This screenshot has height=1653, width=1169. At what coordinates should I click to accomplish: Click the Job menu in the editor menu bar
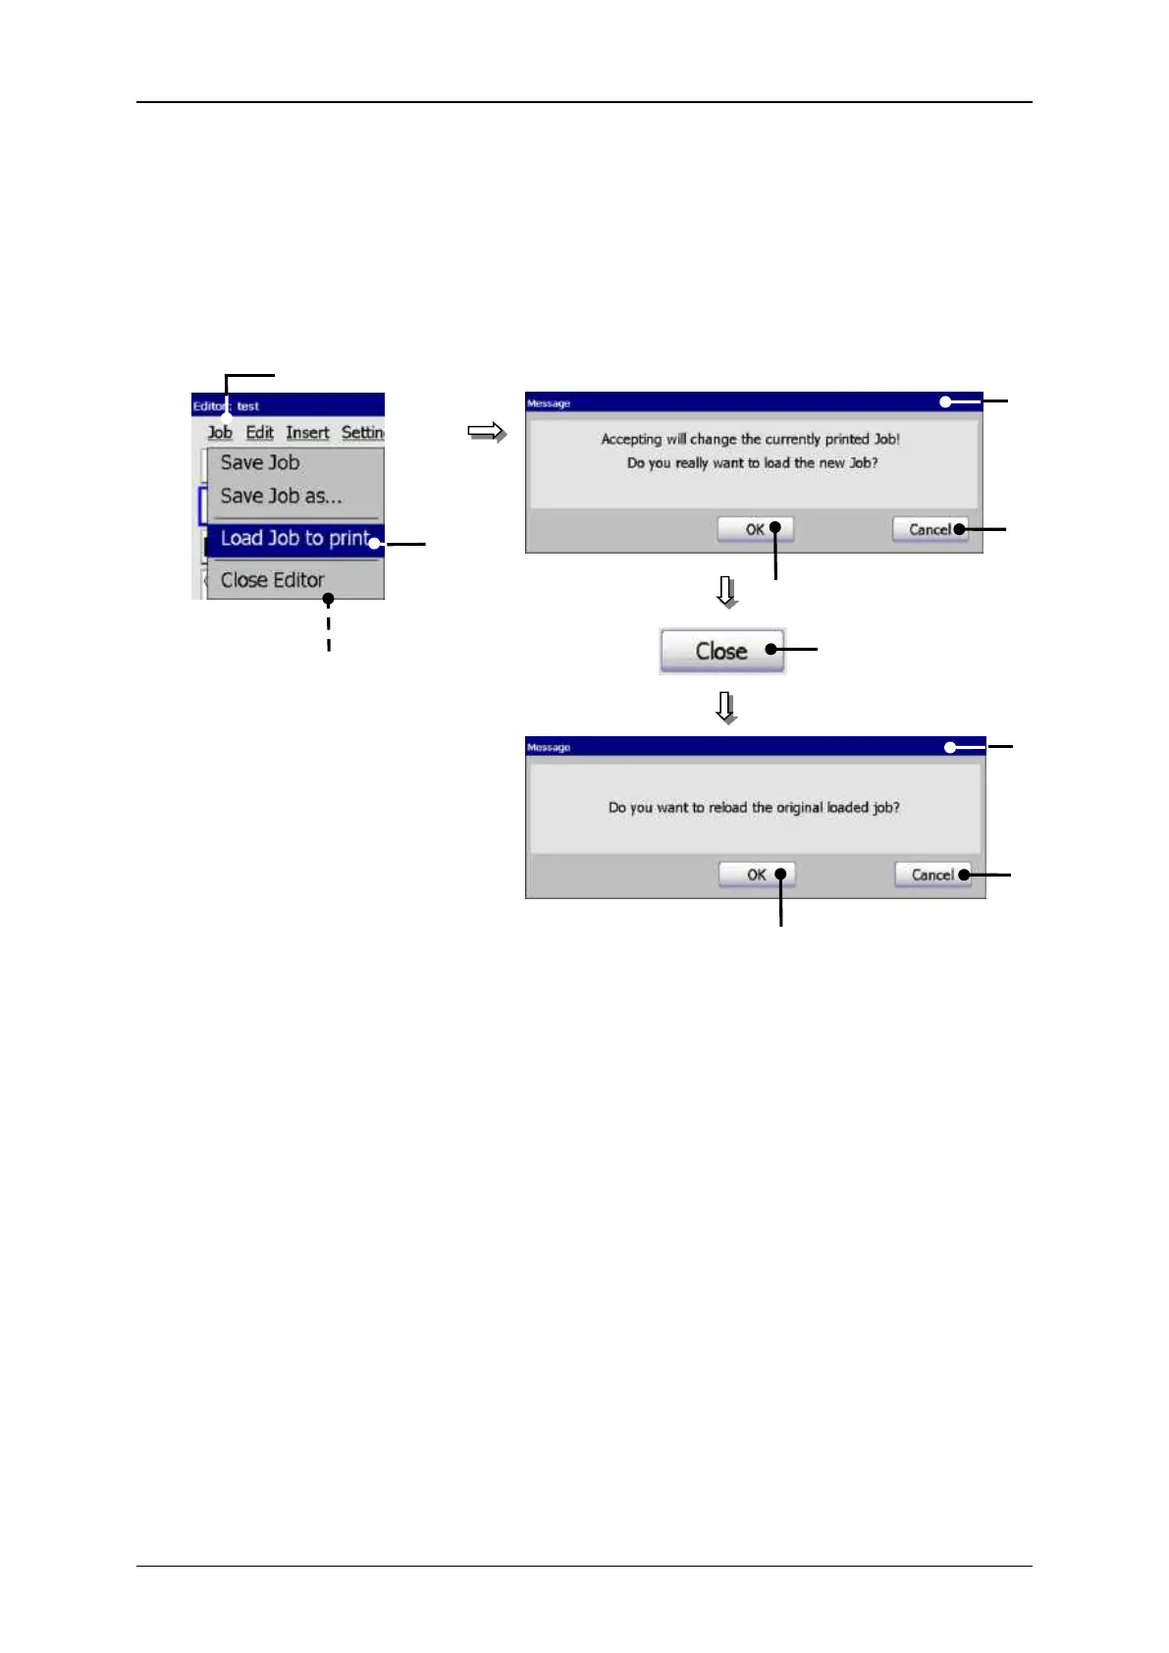click(x=220, y=433)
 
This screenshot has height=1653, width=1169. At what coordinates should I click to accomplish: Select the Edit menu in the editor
click(x=259, y=433)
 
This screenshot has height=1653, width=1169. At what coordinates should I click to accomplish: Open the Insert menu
click(x=307, y=433)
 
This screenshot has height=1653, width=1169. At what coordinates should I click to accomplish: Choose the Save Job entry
click(x=260, y=462)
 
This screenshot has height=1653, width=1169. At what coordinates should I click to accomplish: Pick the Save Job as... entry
click(x=281, y=497)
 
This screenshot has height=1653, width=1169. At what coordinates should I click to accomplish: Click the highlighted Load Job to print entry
click(x=293, y=539)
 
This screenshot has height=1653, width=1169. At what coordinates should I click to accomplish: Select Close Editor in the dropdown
click(x=272, y=580)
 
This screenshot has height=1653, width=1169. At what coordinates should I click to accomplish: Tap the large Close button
click(x=722, y=651)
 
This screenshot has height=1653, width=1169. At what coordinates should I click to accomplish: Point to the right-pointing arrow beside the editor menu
click(x=486, y=432)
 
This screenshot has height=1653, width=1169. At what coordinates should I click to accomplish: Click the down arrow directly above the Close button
click(x=726, y=592)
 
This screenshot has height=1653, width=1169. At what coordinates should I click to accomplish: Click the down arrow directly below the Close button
click(x=726, y=707)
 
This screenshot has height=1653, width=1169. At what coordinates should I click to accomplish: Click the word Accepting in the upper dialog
click(x=631, y=440)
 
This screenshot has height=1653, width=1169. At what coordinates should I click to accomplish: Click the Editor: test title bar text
click(x=226, y=405)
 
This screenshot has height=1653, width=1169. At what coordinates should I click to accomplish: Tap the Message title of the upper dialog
click(x=549, y=403)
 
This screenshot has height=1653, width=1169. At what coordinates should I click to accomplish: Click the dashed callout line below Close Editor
click(x=329, y=628)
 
